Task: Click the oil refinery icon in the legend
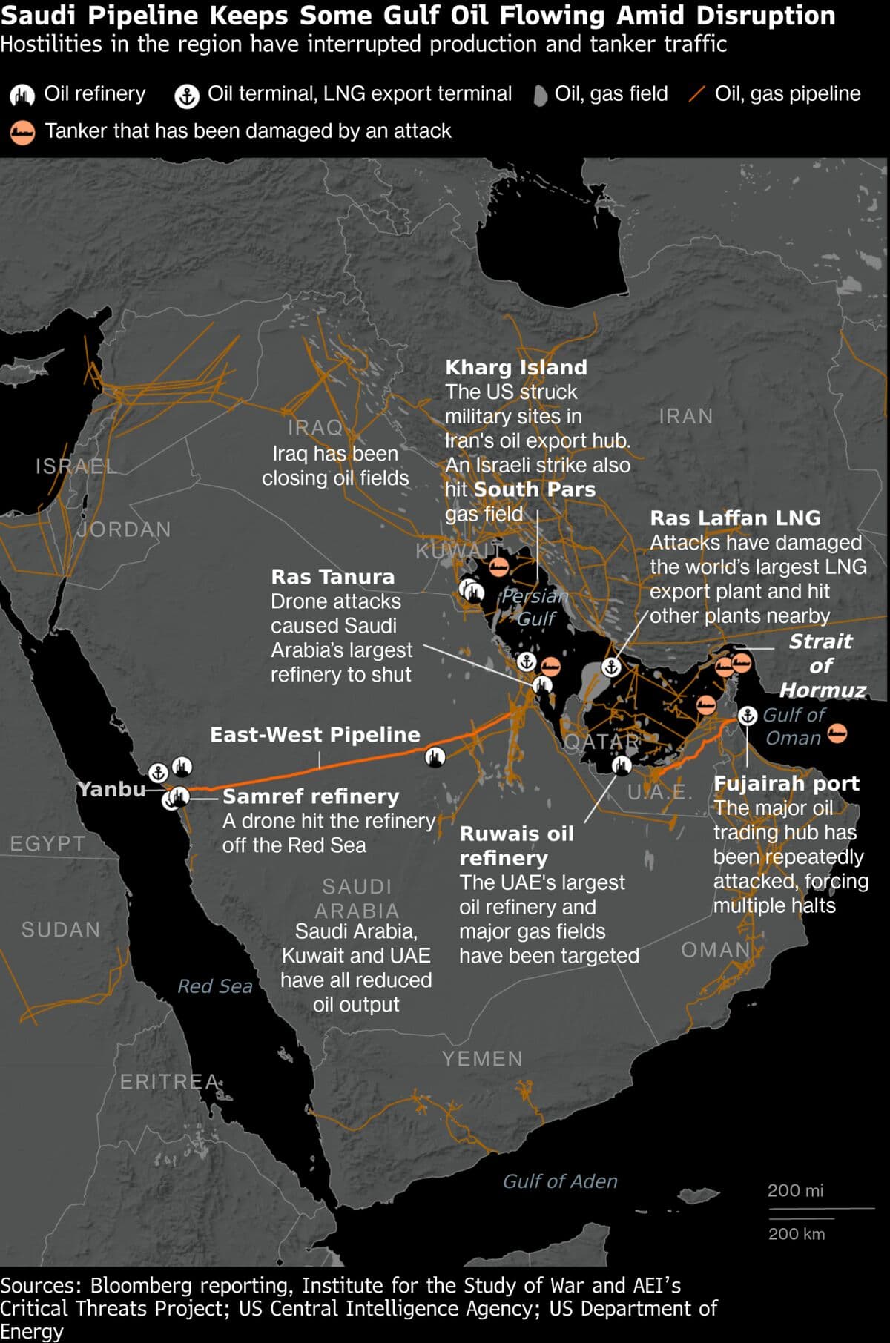22,95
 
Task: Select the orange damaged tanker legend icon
22,132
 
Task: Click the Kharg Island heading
515,367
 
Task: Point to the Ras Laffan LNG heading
734,518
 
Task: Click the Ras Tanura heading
332,576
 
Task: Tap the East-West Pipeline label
314,734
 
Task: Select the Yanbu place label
112,788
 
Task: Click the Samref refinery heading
310,796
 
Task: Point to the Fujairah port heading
785,783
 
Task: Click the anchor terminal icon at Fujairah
747,716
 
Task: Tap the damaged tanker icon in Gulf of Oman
837,733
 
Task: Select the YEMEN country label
482,1058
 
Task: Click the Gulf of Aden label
559,1181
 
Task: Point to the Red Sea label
214,986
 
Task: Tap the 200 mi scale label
794,1190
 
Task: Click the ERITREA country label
169,1082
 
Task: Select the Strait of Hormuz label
821,665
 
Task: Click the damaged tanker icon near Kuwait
498,568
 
